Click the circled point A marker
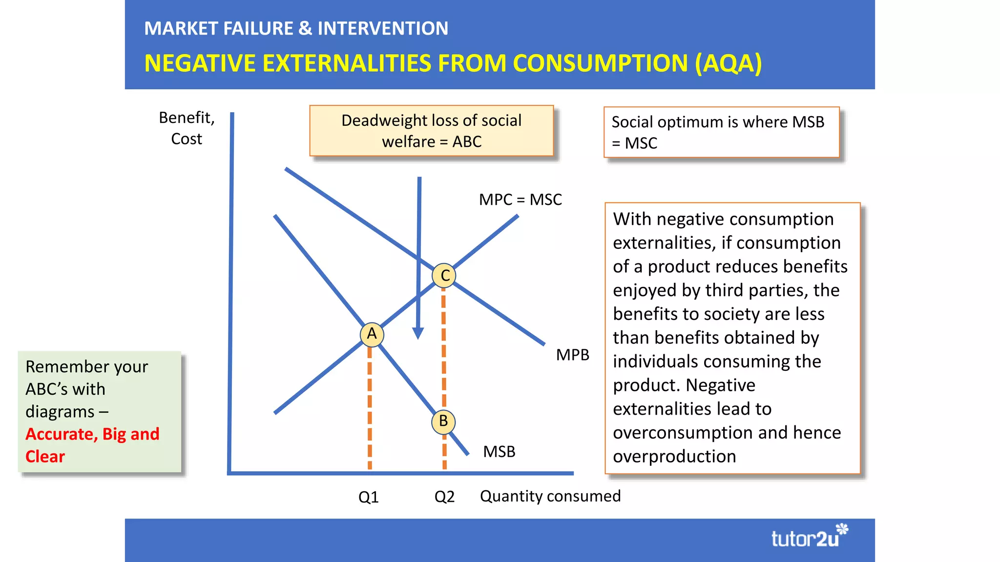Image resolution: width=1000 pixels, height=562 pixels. pyautogui.click(x=372, y=334)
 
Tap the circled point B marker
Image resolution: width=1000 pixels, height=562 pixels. pyautogui.click(x=443, y=421)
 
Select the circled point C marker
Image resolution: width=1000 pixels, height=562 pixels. pyautogui.click(x=444, y=276)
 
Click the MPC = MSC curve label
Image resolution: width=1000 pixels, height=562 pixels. pyautogui.click(x=520, y=200)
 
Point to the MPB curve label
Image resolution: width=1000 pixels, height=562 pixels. pyautogui.click(x=572, y=355)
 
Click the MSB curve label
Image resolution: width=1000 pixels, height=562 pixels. pyautogui.click(x=499, y=452)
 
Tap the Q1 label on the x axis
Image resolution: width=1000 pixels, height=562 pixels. pyautogui.click(x=368, y=497)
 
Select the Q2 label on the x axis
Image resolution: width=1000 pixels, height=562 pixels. pyautogui.click(x=444, y=497)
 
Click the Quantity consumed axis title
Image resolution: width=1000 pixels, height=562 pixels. pyautogui.click(x=550, y=496)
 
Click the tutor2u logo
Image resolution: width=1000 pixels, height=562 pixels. pyautogui.click(x=809, y=537)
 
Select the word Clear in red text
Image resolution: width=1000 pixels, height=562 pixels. pyautogui.click(x=45, y=457)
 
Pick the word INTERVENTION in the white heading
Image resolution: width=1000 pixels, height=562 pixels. pyautogui.click(x=383, y=28)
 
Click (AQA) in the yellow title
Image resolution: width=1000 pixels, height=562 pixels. pyautogui.click(x=728, y=63)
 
